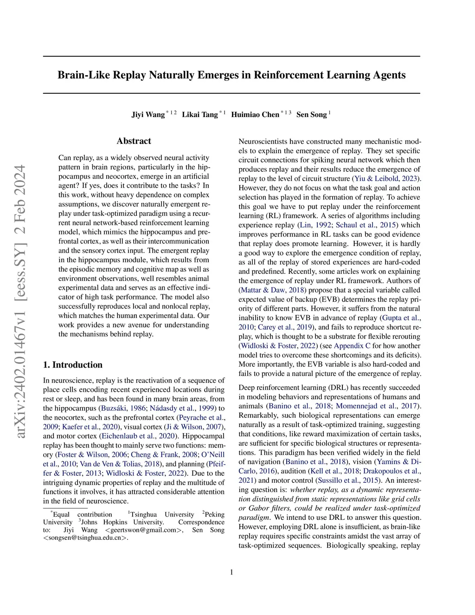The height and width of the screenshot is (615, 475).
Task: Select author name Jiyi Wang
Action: (x=148, y=115)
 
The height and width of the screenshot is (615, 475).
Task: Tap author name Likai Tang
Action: (x=199, y=115)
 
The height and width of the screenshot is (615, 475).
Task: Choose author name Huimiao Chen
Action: (x=255, y=115)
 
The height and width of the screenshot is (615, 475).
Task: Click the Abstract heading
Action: (x=134, y=141)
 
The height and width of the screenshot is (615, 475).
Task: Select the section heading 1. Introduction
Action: (x=72, y=365)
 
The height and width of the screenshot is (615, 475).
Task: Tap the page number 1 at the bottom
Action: (x=231, y=572)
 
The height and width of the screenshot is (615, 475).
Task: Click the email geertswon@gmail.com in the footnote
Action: (x=141, y=530)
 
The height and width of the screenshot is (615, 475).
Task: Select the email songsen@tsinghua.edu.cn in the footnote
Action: (x=85, y=538)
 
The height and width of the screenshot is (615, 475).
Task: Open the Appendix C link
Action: (x=352, y=346)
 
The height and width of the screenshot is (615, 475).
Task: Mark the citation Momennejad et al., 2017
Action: (x=377, y=406)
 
